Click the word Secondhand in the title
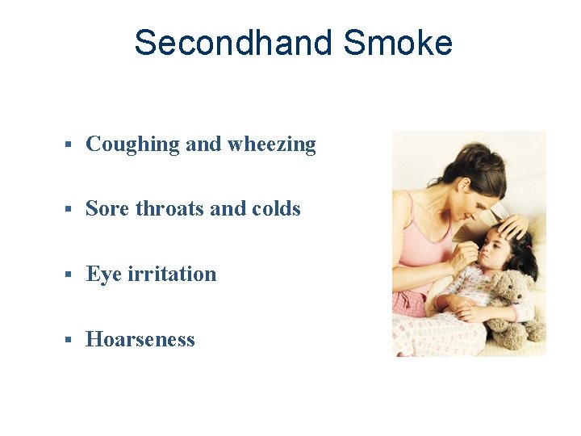pyautogui.click(x=232, y=43)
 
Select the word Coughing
pyautogui.click(x=132, y=145)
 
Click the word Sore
pyautogui.click(x=107, y=209)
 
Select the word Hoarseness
pyautogui.click(x=140, y=339)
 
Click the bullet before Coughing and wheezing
pyautogui.click(x=69, y=145)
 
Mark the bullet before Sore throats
pyautogui.click(x=69, y=209)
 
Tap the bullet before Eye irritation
pyautogui.click(x=69, y=275)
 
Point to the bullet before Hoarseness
pyautogui.click(x=69, y=339)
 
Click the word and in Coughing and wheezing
pyautogui.click(x=203, y=145)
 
